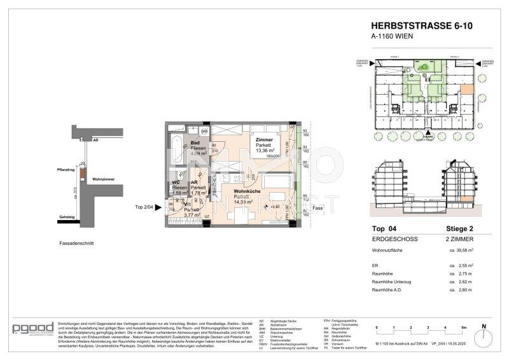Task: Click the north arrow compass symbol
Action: [x=484, y=335]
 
